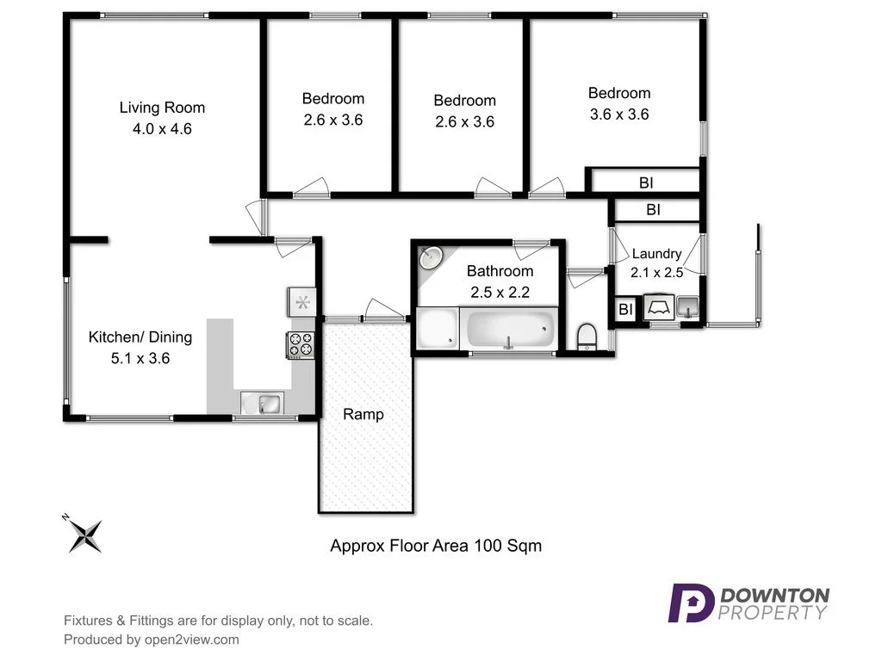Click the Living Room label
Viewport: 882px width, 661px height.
162,108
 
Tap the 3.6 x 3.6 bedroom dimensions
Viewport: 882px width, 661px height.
619,114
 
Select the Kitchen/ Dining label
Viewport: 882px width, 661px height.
140,337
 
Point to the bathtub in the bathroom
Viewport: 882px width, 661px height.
509,330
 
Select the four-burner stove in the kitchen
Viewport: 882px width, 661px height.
301,344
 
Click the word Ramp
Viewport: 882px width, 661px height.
363,414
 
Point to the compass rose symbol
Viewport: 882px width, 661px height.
85,535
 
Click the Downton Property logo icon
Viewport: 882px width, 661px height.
691,602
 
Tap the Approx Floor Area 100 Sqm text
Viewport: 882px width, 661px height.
436,545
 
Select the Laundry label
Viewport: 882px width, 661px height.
656,254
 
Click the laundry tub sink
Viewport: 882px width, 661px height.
687,306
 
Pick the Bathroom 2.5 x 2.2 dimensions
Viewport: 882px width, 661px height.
500,292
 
